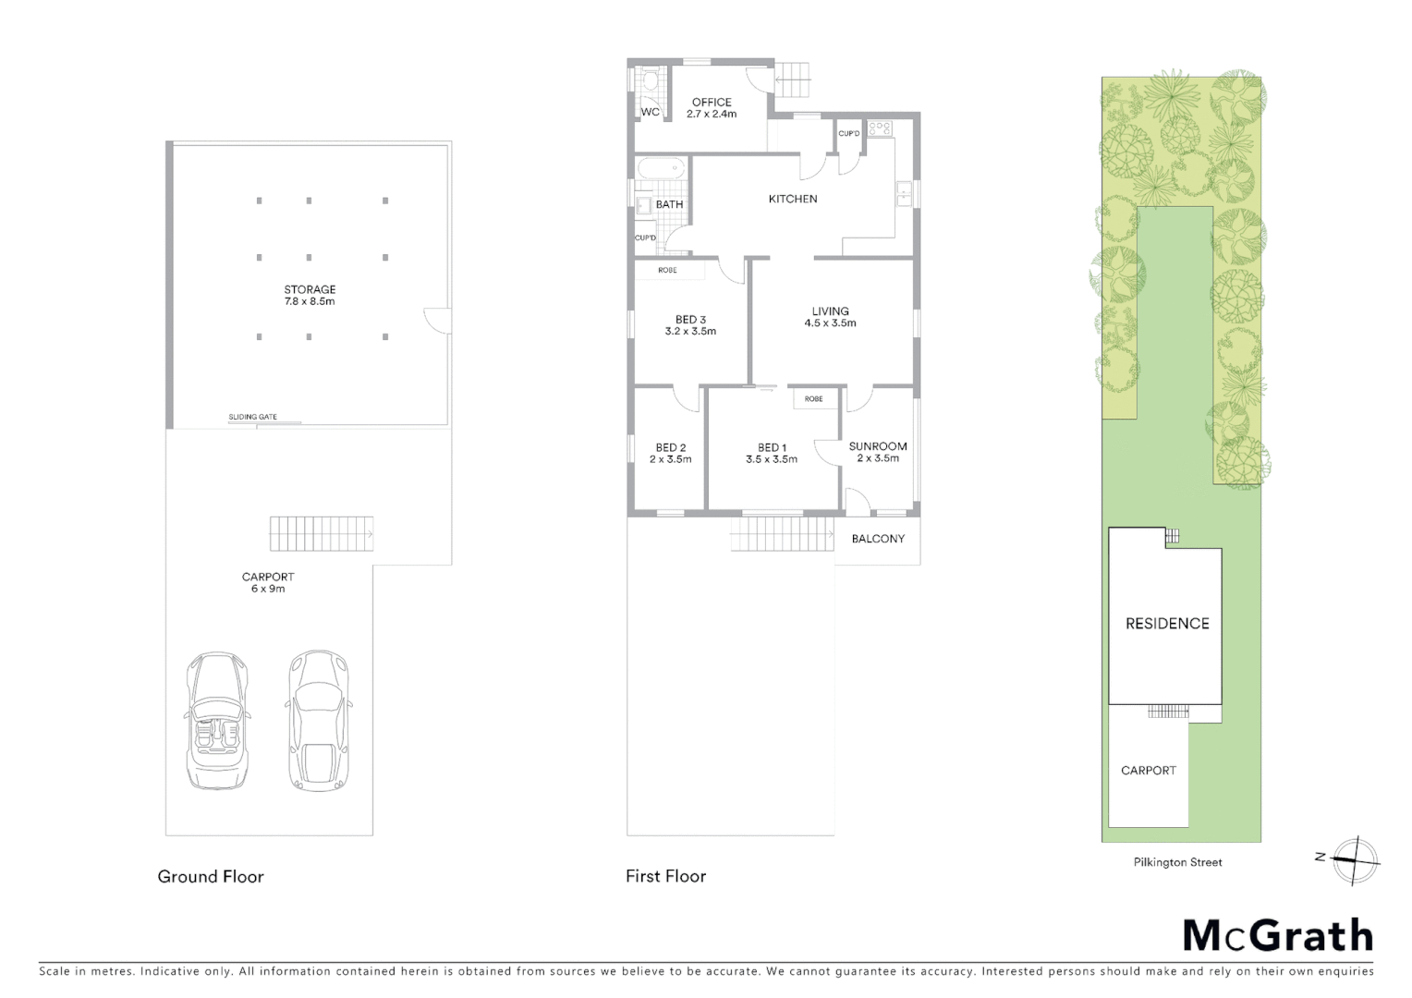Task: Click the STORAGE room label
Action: click(x=310, y=289)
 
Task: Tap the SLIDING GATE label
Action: click(x=253, y=417)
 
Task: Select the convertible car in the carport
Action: click(x=218, y=720)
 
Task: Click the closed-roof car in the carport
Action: click(x=318, y=720)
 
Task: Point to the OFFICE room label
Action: click(x=712, y=103)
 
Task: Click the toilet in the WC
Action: click(x=650, y=82)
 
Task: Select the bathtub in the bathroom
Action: click(x=660, y=170)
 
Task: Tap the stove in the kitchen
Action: click(x=879, y=129)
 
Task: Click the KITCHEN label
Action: click(x=793, y=199)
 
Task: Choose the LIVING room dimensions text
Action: click(x=830, y=323)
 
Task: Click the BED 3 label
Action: click(x=690, y=320)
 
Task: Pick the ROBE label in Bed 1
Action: click(x=813, y=399)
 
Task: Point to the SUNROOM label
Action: click(x=878, y=446)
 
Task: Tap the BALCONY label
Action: click(x=878, y=539)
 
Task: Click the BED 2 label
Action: click(x=670, y=447)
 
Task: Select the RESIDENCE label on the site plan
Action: click(x=1167, y=624)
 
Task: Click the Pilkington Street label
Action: click(x=1177, y=862)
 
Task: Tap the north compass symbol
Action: click(x=1355, y=859)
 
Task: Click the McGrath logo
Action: click(x=1278, y=935)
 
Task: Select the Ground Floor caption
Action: click(x=211, y=877)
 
